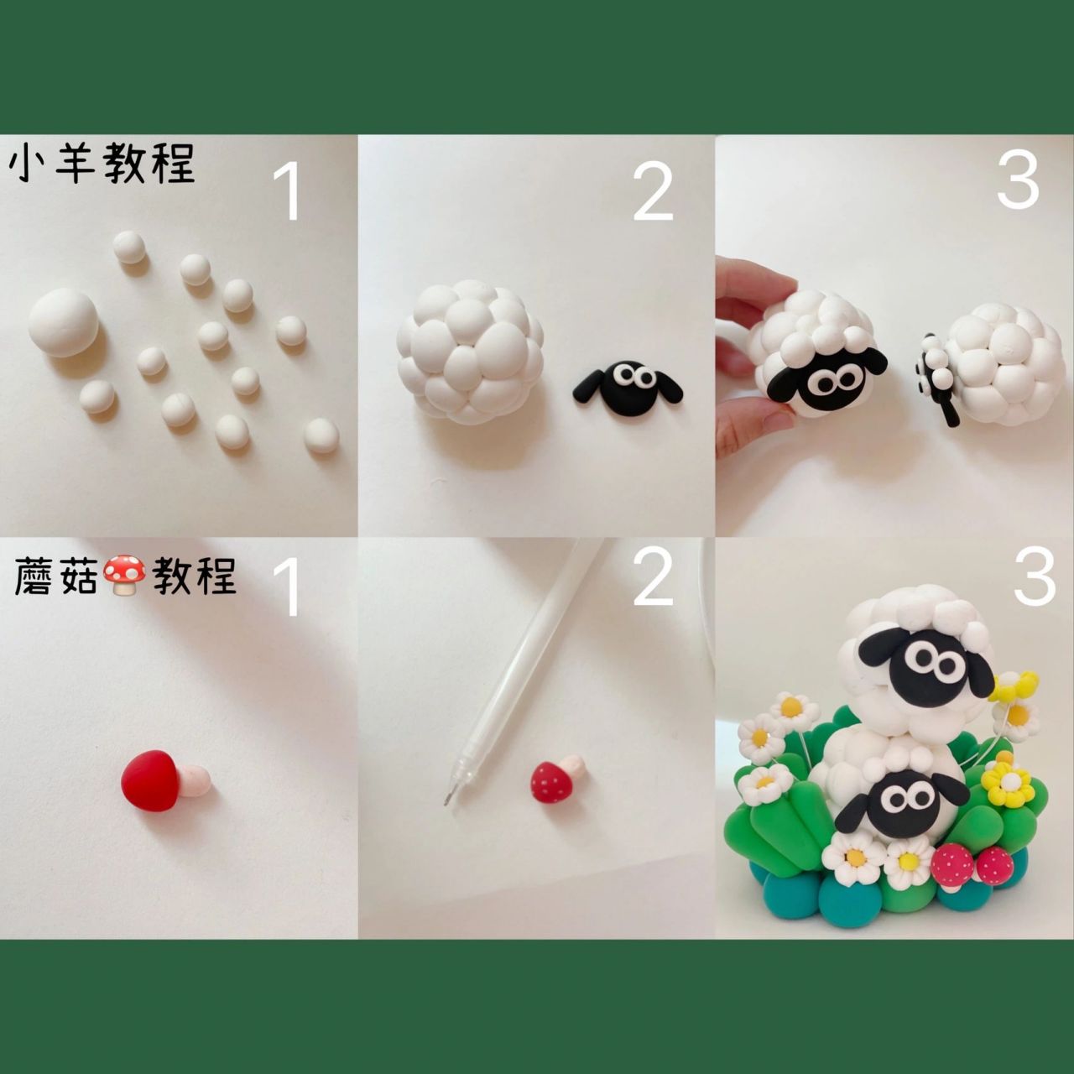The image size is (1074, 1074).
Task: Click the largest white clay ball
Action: click(64, 323)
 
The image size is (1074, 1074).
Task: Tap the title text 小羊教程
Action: click(102, 164)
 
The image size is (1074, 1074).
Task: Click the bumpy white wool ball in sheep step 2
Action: click(470, 352)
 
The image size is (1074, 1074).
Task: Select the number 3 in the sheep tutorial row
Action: click(1018, 180)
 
